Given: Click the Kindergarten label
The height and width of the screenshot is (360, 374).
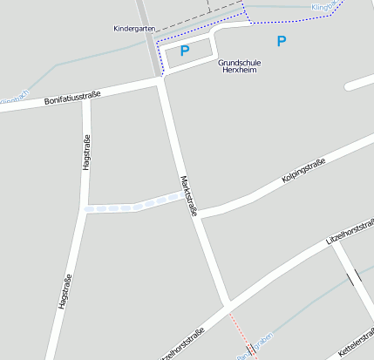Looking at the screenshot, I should [133, 29].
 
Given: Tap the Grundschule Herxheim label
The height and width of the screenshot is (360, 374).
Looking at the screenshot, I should [240, 66].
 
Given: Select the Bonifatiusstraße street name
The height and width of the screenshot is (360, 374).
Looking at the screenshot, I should [72, 98].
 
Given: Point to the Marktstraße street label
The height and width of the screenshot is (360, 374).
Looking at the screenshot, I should [189, 195].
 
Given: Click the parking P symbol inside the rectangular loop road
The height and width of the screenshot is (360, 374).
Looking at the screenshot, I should [184, 51].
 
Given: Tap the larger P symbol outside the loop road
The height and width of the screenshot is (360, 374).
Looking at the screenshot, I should [281, 41].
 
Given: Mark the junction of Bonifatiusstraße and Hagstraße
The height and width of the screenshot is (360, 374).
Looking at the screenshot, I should [85, 98].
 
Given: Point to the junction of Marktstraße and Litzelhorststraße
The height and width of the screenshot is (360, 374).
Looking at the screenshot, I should [228, 306].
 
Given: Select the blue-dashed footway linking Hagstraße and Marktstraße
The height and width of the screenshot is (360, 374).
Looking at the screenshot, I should [135, 206].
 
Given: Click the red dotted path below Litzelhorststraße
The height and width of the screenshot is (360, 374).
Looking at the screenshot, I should [240, 329].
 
